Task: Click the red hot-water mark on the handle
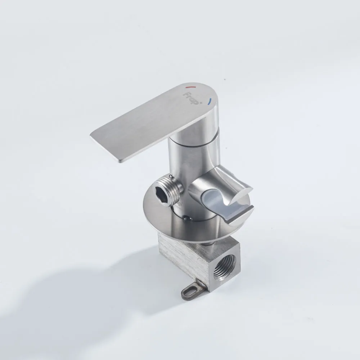[x=190, y=87]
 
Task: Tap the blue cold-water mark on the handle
[x=209, y=102]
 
